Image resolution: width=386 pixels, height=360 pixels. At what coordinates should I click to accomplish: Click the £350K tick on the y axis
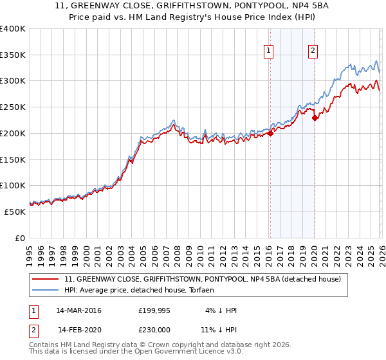pos(13,55)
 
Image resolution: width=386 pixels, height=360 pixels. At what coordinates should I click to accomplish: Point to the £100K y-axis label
pos(13,186)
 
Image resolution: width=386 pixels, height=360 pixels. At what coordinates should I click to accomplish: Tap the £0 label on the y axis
pos(20,238)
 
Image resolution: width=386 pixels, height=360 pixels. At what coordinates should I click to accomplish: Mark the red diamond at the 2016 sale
pos(270,133)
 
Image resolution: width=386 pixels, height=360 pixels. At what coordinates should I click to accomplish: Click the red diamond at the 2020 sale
pos(315,118)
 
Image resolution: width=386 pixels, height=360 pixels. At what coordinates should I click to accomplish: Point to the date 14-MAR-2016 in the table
pos(78,310)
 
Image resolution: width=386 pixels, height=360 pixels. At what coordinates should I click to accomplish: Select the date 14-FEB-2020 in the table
pos(78,330)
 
